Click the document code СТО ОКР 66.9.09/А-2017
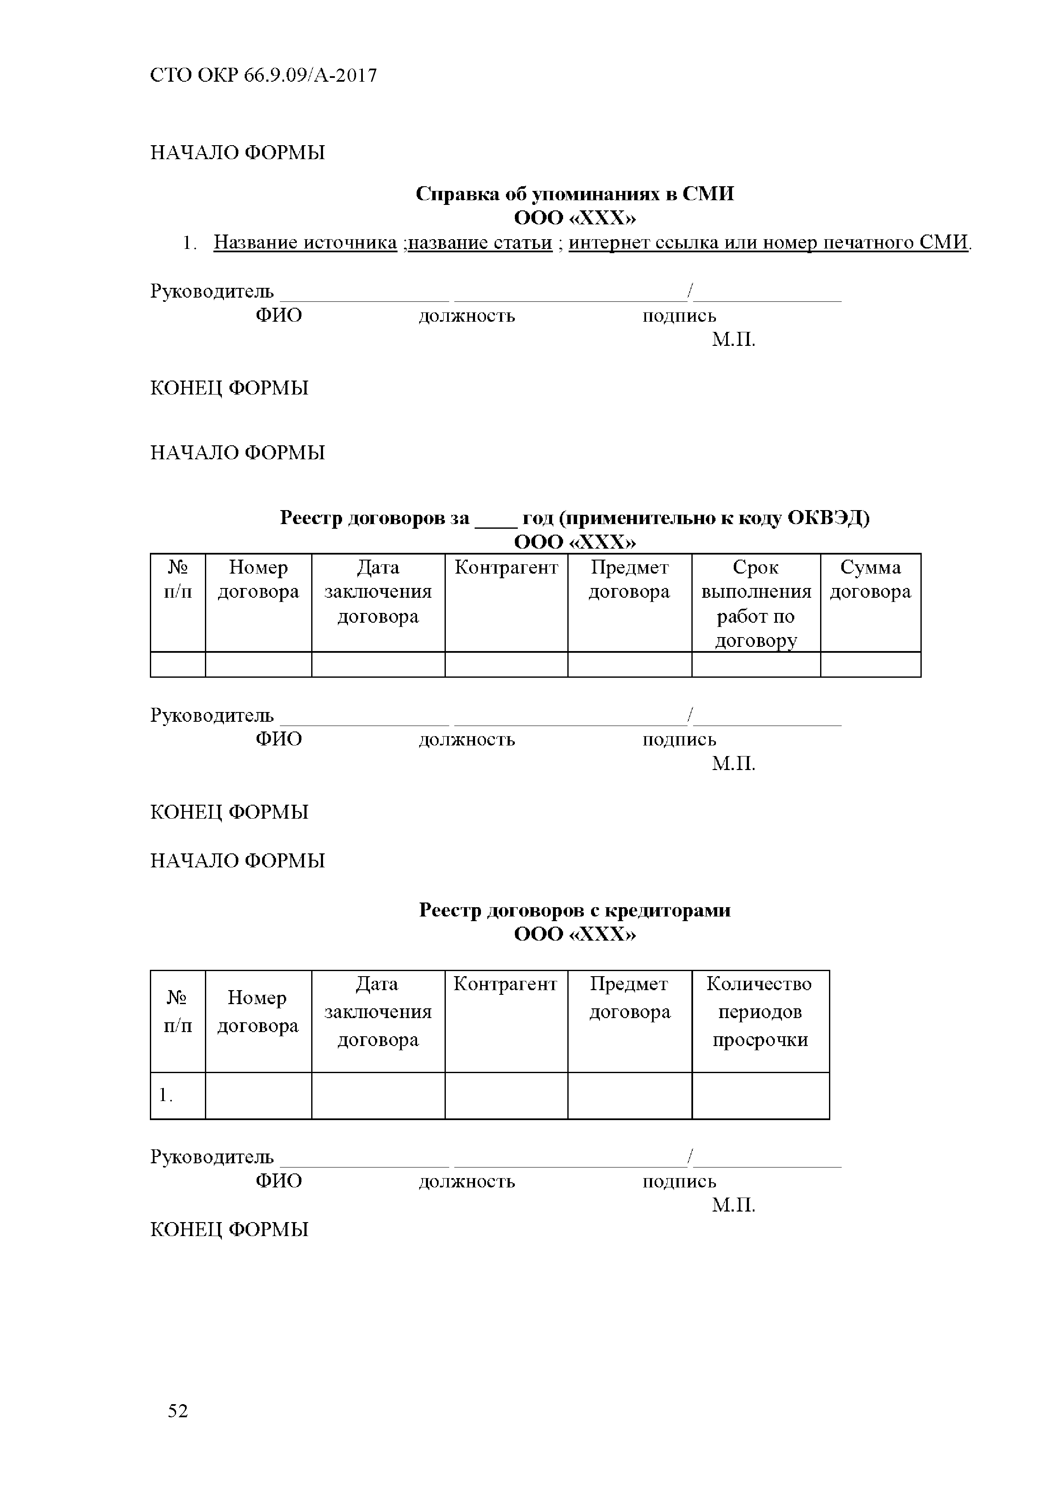tap(263, 76)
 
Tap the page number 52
tap(178, 1410)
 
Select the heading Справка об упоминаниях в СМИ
tap(575, 194)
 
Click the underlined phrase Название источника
tap(305, 243)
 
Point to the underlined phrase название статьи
tap(480, 243)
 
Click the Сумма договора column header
tap(870, 580)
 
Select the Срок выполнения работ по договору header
tap(756, 604)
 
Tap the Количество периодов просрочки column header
tap(760, 1012)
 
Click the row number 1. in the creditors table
tap(166, 1095)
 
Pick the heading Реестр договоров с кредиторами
tap(575, 910)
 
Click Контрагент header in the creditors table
tap(505, 984)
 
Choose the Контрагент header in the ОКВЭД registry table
tap(506, 568)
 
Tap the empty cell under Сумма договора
tap(870, 664)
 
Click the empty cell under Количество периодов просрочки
tap(760, 1096)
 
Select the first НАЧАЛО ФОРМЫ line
tap(238, 153)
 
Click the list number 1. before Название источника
tap(189, 243)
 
